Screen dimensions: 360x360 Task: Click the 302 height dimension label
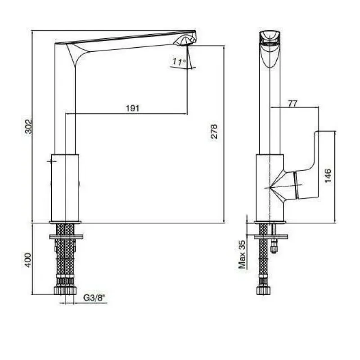click(x=29, y=126)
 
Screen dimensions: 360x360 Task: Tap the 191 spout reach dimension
click(x=132, y=108)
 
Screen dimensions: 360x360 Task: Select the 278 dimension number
click(x=214, y=131)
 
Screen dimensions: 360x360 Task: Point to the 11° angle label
click(x=179, y=62)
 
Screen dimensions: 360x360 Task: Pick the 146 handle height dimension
click(x=328, y=175)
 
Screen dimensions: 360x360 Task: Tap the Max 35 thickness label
click(x=242, y=254)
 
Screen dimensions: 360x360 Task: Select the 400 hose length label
click(x=28, y=260)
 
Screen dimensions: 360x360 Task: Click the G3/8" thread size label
click(x=94, y=298)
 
